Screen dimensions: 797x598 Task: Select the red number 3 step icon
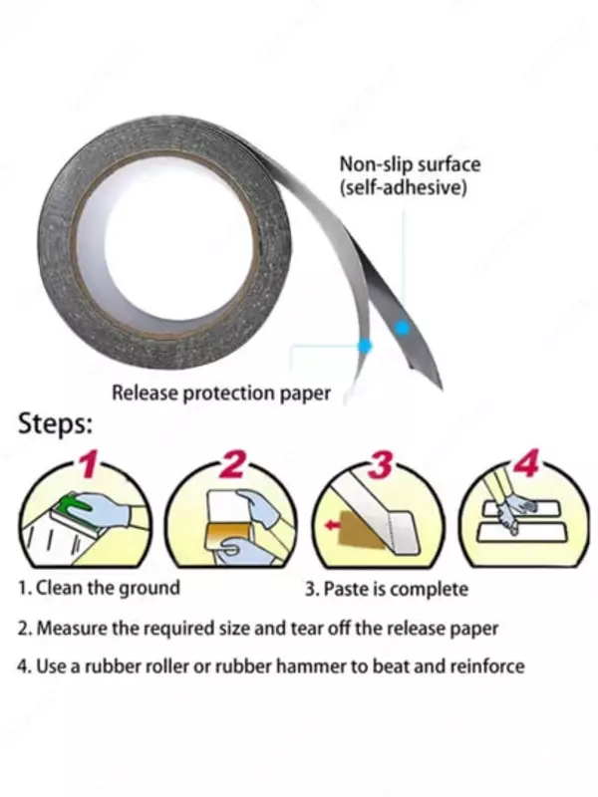[380, 465]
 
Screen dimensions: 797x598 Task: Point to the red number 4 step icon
[525, 464]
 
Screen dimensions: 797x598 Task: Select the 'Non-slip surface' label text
[410, 164]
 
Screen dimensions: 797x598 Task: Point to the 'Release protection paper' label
[220, 393]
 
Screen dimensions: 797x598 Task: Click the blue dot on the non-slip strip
[400, 327]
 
